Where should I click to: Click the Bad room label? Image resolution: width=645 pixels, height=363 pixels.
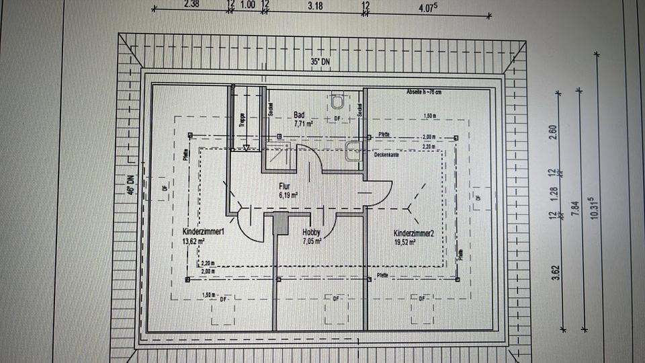300,116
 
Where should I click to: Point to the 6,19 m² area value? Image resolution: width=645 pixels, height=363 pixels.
289,195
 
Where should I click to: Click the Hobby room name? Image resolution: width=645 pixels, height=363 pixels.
311,231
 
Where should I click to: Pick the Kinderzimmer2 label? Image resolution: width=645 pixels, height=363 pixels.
414,233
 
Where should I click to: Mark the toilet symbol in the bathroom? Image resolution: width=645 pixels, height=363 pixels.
339,102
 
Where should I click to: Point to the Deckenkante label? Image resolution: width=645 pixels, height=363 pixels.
386,154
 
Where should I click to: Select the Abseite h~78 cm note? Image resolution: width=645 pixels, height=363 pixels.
424,91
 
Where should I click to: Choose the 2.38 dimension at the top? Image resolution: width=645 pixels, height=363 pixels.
191,3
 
